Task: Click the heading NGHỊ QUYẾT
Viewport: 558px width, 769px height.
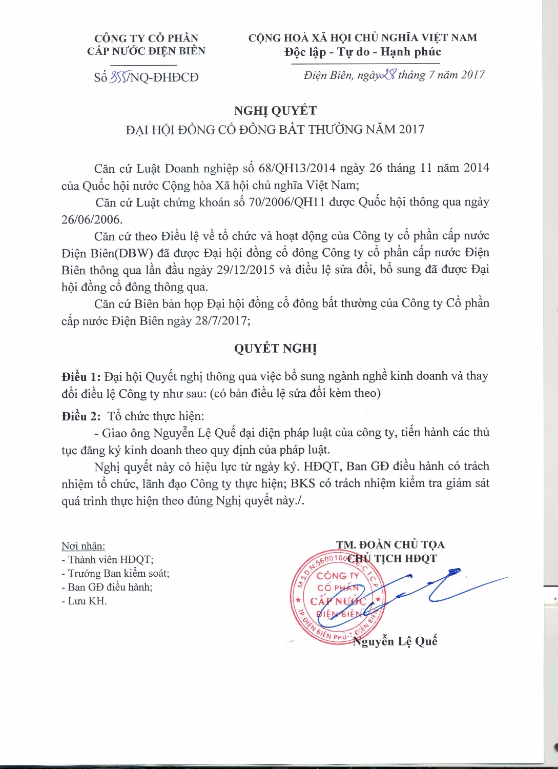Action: click(275, 111)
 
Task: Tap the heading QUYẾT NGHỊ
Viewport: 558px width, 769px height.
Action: click(275, 349)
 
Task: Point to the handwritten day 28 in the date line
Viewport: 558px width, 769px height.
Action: click(387, 75)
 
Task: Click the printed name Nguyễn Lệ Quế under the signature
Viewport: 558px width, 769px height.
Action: click(395, 641)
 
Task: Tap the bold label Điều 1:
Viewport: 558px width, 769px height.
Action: click(81, 377)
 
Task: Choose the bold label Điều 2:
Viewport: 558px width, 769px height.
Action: click(81, 416)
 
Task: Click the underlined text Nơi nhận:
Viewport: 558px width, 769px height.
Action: click(83, 546)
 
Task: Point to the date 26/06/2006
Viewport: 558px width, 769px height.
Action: click(91, 219)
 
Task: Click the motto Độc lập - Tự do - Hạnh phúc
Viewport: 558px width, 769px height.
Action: click(363, 52)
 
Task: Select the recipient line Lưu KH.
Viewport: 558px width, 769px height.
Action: click(85, 601)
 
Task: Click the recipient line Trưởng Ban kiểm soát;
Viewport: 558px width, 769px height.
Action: click(115, 573)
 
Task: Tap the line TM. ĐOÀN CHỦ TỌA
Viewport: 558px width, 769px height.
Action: click(390, 544)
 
